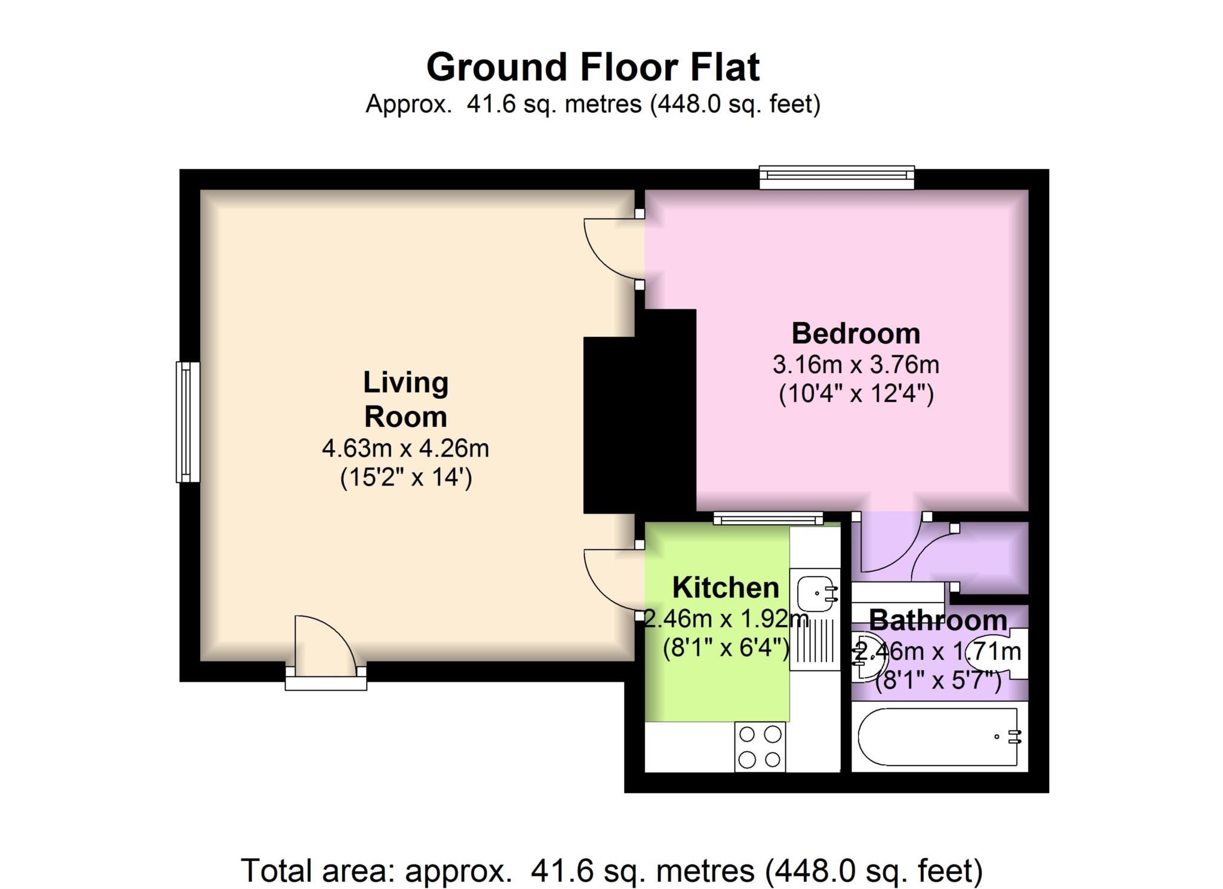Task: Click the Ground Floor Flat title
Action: pyautogui.click(x=592, y=67)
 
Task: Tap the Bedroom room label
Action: pyautogui.click(x=855, y=333)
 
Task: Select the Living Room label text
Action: pyautogui.click(x=405, y=399)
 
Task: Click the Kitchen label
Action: pyautogui.click(x=726, y=587)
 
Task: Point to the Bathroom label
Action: pyautogui.click(x=938, y=620)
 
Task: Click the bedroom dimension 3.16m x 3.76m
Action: pyautogui.click(x=855, y=364)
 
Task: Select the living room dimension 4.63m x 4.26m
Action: pyautogui.click(x=405, y=448)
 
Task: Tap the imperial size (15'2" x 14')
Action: pyautogui.click(x=405, y=478)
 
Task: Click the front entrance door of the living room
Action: pyautogui.click(x=325, y=648)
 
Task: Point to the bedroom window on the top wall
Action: pyautogui.click(x=836, y=177)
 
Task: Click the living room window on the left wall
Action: pyautogui.click(x=188, y=422)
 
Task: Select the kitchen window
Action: pyautogui.click(x=769, y=519)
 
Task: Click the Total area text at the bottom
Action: pyautogui.click(x=611, y=870)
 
